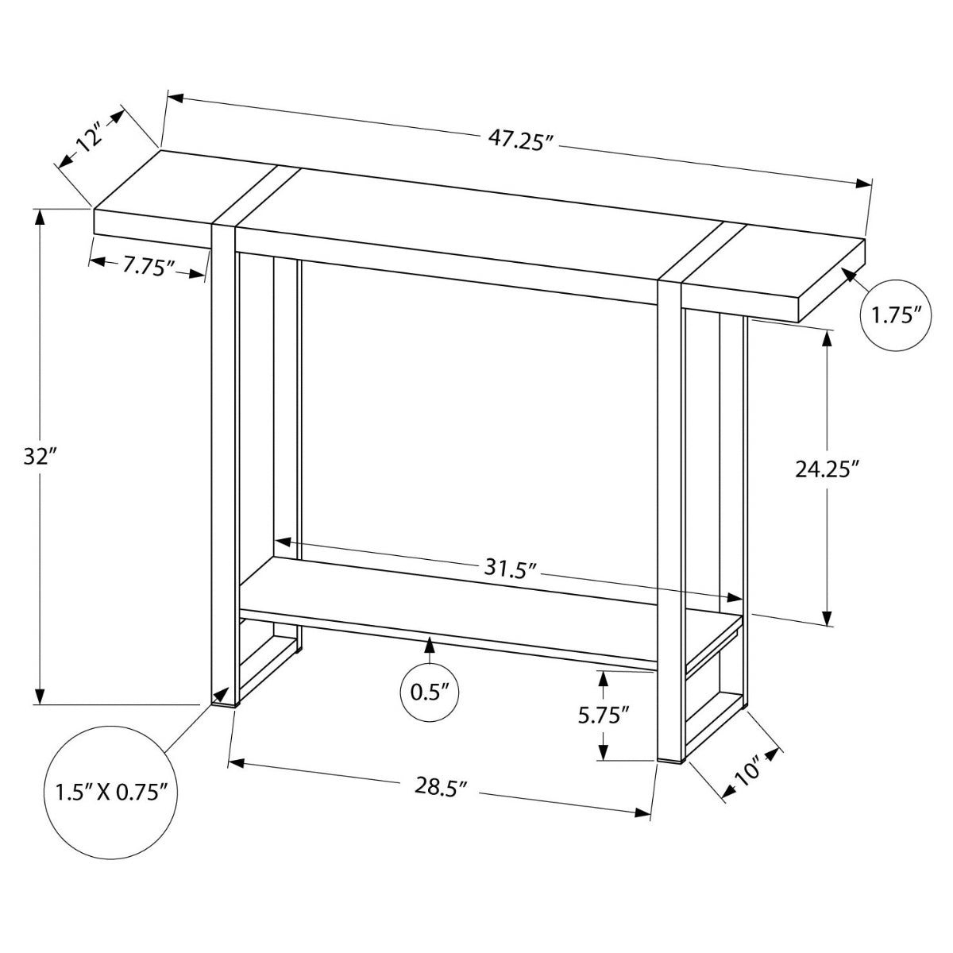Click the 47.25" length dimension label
click(x=520, y=141)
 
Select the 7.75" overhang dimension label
click(x=148, y=266)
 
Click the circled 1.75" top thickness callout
click(x=896, y=315)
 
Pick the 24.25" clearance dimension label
click(x=828, y=470)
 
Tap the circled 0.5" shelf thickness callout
click(x=430, y=691)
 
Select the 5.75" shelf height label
click(x=604, y=715)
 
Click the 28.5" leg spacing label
click(x=439, y=785)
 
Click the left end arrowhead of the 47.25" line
click(x=173, y=98)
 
